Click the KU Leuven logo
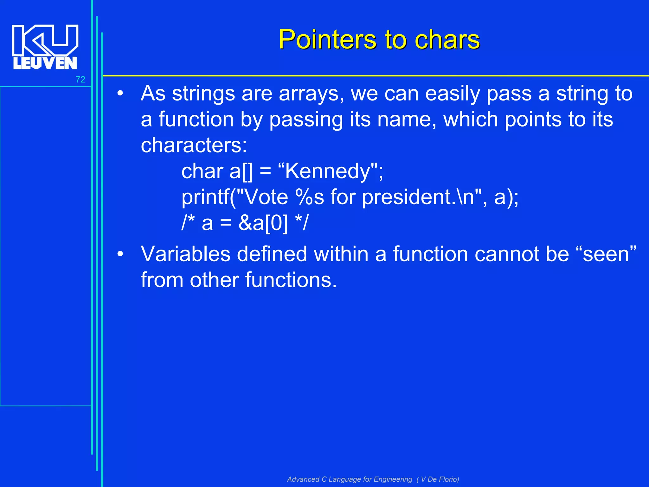45,47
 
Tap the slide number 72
80,80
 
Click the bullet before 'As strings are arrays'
120,94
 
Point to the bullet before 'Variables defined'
120,254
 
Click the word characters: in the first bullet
194,146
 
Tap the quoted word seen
606,254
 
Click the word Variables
185,254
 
